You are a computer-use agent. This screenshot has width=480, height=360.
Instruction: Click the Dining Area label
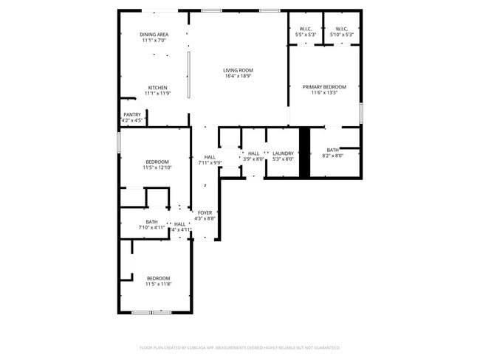tap(154, 35)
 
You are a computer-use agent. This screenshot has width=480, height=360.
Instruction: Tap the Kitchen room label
tap(157, 87)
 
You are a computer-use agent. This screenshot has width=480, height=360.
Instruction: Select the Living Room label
tap(238, 71)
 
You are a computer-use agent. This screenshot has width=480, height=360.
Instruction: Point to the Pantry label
tap(132, 114)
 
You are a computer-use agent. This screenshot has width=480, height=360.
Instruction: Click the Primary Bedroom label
tap(324, 86)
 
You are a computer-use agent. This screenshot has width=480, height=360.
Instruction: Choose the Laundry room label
tap(283, 153)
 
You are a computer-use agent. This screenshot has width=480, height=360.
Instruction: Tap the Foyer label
tap(205, 212)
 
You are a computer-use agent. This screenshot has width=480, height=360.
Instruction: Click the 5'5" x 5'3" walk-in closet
tap(306, 32)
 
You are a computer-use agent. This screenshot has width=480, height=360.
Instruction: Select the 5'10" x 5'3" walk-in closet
tap(343, 32)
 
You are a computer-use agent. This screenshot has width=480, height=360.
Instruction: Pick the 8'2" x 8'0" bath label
tap(333, 153)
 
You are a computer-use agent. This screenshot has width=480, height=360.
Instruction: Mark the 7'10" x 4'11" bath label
tap(151, 225)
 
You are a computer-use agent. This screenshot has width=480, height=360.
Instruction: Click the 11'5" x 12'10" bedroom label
tap(157, 165)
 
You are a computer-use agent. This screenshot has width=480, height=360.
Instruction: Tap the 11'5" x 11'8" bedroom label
tap(157, 281)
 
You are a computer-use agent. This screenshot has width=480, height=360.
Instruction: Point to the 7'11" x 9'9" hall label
tap(210, 159)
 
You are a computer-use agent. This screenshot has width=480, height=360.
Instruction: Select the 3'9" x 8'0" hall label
tap(253, 156)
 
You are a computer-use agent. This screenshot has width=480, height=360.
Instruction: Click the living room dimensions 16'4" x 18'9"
tap(238, 77)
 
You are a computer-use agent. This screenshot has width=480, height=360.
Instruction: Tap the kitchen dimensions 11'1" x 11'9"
tap(157, 94)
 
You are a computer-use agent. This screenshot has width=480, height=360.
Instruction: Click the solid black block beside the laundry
tap(304, 152)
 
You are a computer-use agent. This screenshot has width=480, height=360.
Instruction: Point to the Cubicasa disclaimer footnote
tap(240, 347)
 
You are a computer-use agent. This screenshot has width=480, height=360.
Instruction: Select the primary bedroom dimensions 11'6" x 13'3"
tap(324, 93)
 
